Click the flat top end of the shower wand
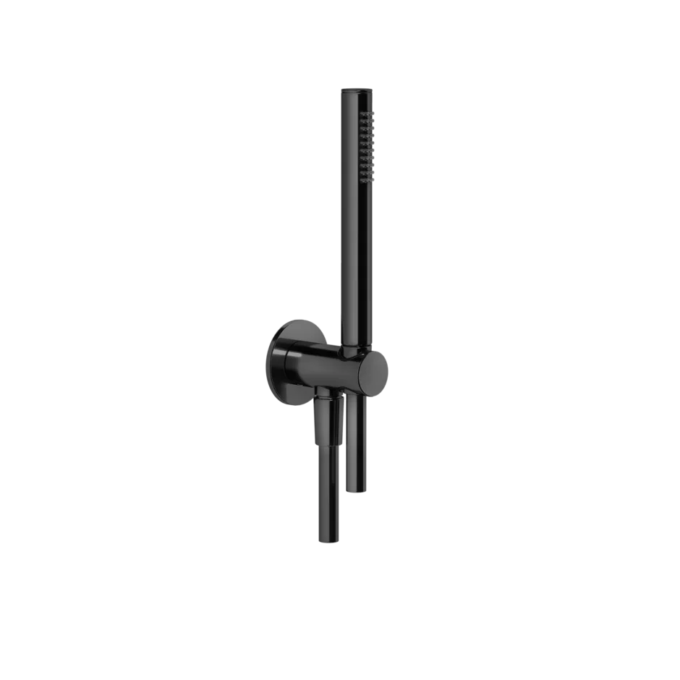click(356, 90)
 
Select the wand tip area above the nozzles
click(356, 100)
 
